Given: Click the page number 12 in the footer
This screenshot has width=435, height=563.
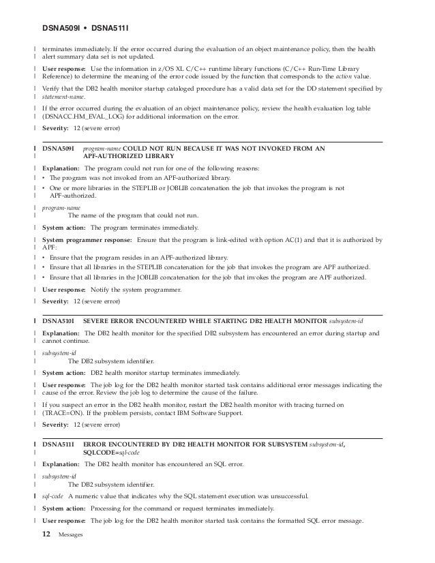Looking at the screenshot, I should tap(46, 535).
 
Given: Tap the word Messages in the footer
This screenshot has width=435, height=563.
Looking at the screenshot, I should tap(71, 536).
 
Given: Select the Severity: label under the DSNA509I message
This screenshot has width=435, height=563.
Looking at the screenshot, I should tap(57, 301).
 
